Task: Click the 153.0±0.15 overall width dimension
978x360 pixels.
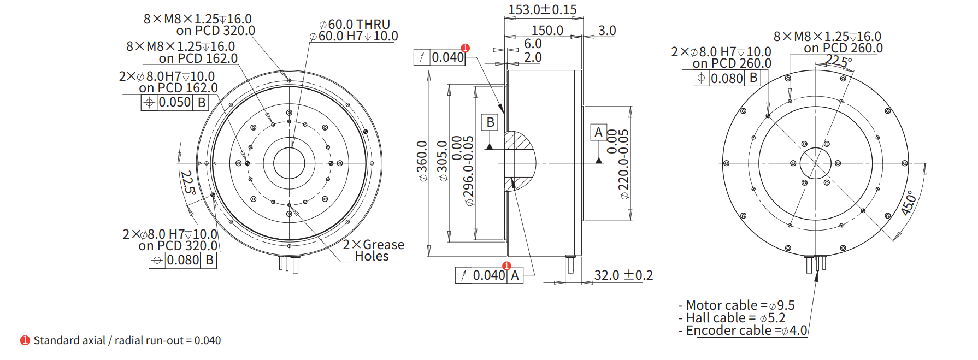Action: (x=542, y=10)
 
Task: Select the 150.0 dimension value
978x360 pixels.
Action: (x=547, y=31)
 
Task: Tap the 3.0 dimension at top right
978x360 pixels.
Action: (x=606, y=31)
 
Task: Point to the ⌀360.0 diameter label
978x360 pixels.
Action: (x=422, y=161)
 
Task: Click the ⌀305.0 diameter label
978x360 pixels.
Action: (x=442, y=161)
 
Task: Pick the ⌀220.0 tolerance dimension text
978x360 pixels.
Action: (x=623, y=164)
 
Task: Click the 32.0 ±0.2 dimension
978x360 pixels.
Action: (x=623, y=275)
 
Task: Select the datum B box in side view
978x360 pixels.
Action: (x=490, y=122)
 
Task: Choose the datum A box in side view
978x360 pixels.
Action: (x=598, y=132)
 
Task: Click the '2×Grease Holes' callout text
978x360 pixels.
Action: (x=373, y=250)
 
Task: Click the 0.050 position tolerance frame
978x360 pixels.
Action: (x=175, y=102)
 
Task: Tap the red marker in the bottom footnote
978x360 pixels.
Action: (x=25, y=340)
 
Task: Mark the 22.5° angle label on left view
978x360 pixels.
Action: (x=188, y=182)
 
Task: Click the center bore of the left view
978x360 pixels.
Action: (x=288, y=163)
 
